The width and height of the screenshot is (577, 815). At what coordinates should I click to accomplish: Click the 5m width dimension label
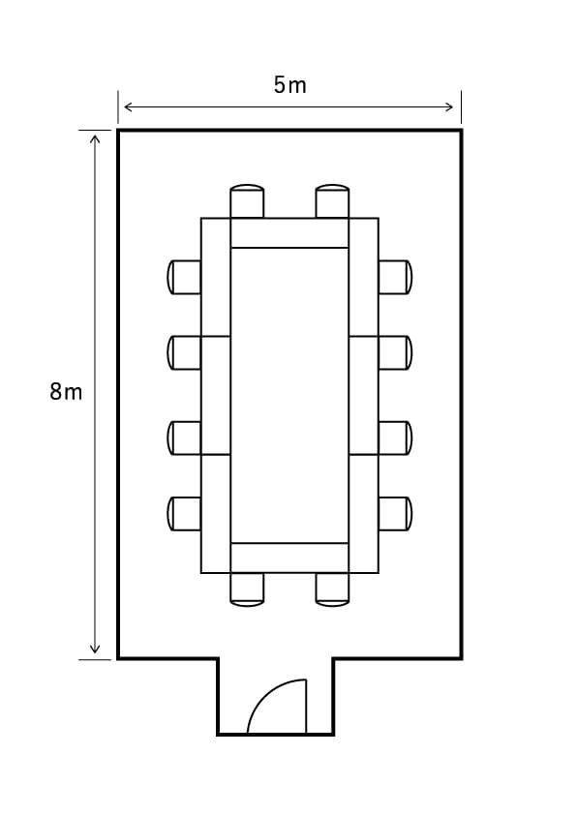[290, 85]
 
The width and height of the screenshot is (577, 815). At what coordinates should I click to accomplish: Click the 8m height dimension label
[66, 391]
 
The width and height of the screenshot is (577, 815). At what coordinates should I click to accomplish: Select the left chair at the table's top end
[247, 201]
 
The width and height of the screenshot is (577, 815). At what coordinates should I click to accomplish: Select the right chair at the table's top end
[332, 201]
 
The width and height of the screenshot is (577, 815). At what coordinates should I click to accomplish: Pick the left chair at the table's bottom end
[247, 589]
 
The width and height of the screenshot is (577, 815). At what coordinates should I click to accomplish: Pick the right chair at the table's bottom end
[332, 589]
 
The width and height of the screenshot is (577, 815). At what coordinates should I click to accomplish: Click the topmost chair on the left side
[184, 277]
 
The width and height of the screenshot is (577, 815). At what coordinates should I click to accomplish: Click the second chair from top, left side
[184, 353]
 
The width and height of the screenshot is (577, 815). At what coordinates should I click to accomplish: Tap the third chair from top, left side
[184, 438]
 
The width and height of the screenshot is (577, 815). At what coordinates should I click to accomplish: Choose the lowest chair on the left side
[184, 514]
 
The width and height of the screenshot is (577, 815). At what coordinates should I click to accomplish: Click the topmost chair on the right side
[396, 277]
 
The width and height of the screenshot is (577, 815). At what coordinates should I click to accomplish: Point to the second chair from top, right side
[396, 353]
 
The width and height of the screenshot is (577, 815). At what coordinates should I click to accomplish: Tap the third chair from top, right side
[396, 438]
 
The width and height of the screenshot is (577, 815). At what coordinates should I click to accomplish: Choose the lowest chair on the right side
[396, 514]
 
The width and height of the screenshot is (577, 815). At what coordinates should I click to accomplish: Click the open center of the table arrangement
[289, 396]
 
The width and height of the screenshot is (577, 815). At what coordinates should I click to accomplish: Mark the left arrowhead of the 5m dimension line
[128, 107]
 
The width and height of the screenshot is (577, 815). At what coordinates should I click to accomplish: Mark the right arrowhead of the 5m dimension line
[450, 107]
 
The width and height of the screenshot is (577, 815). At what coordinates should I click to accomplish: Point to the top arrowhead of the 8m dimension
[95, 138]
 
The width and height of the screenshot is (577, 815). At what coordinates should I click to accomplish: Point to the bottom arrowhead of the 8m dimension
[95, 649]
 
